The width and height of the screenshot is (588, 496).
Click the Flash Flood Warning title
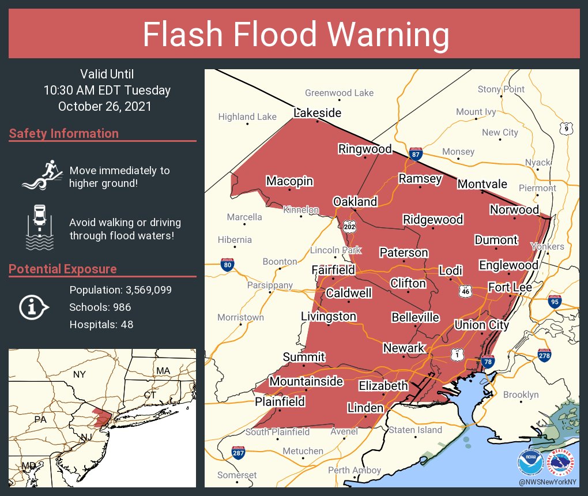click(295, 35)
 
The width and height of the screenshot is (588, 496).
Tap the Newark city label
click(404, 348)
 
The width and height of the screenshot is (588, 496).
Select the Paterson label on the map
click(404, 253)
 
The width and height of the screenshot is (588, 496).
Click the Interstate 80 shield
click(227, 265)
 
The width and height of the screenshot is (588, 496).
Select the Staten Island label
click(415, 430)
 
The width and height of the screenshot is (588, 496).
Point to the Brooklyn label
click(521, 395)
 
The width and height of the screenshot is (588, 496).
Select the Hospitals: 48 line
click(101, 325)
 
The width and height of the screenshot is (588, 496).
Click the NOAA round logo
click(530, 462)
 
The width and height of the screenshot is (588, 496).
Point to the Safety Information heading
click(64, 134)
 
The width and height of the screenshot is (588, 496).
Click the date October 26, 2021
click(105, 106)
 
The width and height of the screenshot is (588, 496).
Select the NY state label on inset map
click(79, 375)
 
